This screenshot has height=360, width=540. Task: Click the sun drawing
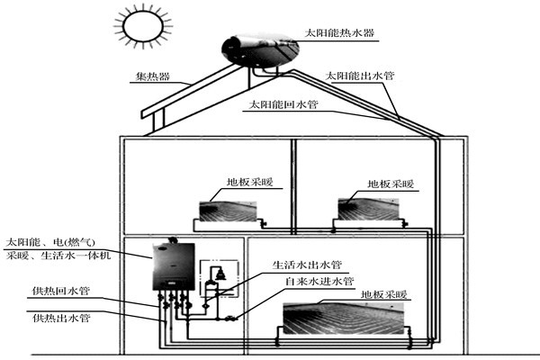[140, 26]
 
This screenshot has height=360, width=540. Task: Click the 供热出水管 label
[60, 317]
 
